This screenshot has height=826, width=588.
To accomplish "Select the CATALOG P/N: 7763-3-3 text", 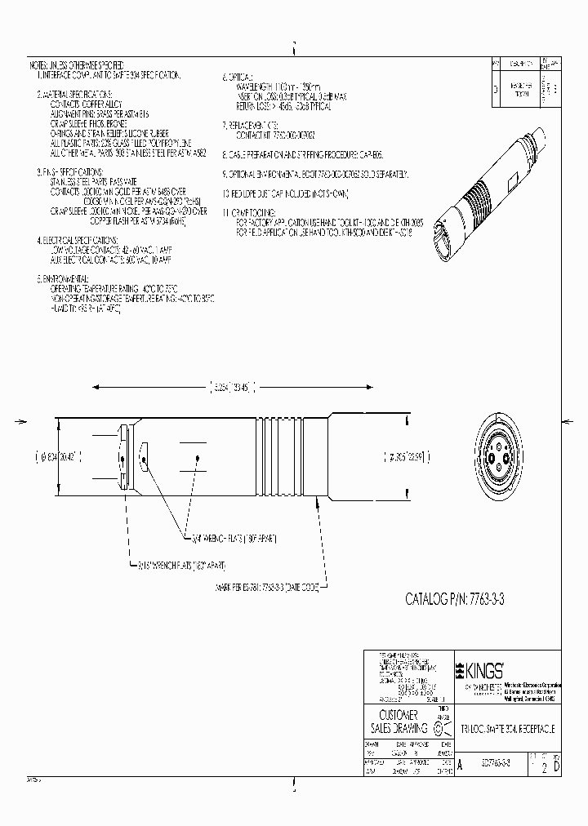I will (461, 600).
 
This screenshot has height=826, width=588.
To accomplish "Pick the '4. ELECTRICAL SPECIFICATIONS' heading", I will (82, 241).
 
